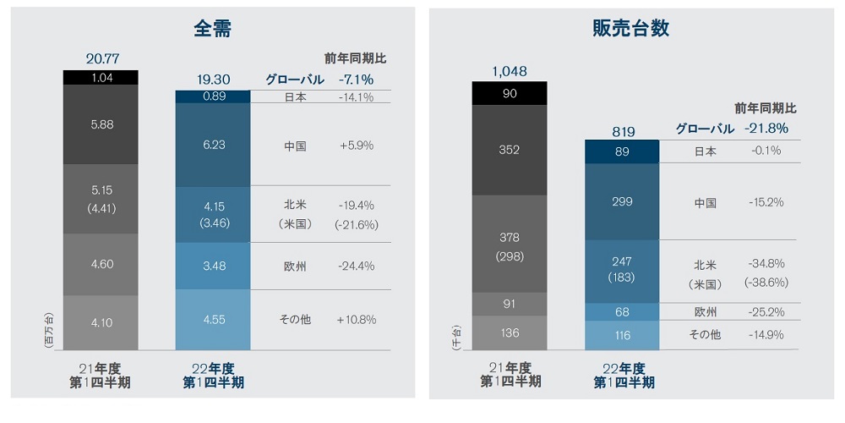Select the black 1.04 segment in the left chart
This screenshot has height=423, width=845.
(101, 77)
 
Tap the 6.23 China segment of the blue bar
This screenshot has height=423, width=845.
(213, 145)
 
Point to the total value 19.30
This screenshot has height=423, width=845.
(213, 80)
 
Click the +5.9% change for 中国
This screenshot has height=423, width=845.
(356, 145)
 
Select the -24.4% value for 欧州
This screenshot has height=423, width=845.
(356, 266)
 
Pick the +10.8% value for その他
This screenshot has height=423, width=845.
(356, 319)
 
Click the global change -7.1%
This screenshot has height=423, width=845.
(356, 79)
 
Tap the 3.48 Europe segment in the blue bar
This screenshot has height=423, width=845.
(213, 266)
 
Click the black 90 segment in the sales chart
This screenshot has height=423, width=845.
(510, 93)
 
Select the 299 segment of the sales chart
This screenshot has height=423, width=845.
(622, 202)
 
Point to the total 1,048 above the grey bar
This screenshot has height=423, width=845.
(510, 71)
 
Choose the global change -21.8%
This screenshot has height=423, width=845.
(766, 129)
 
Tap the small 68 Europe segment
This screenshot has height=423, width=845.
(622, 312)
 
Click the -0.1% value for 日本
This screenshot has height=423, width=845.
(766, 151)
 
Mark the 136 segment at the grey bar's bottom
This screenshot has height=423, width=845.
(510, 332)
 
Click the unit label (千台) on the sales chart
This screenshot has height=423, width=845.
(457, 335)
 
